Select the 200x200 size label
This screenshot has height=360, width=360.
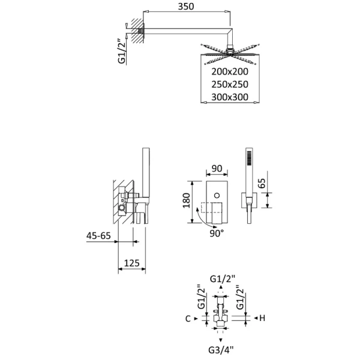[x=230, y=71]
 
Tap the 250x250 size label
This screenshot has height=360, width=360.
[x=230, y=84]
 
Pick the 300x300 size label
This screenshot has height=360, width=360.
[x=230, y=97]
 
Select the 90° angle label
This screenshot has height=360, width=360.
[x=217, y=232]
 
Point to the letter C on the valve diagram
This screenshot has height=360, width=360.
[x=188, y=319]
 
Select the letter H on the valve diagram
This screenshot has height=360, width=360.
[x=262, y=318]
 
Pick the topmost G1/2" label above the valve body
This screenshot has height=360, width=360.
[x=223, y=278]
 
